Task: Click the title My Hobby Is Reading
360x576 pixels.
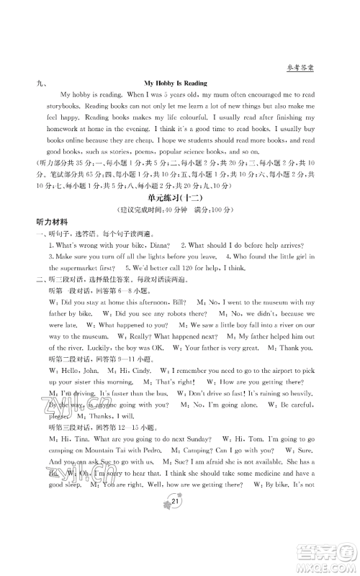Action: (x=179, y=84)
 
